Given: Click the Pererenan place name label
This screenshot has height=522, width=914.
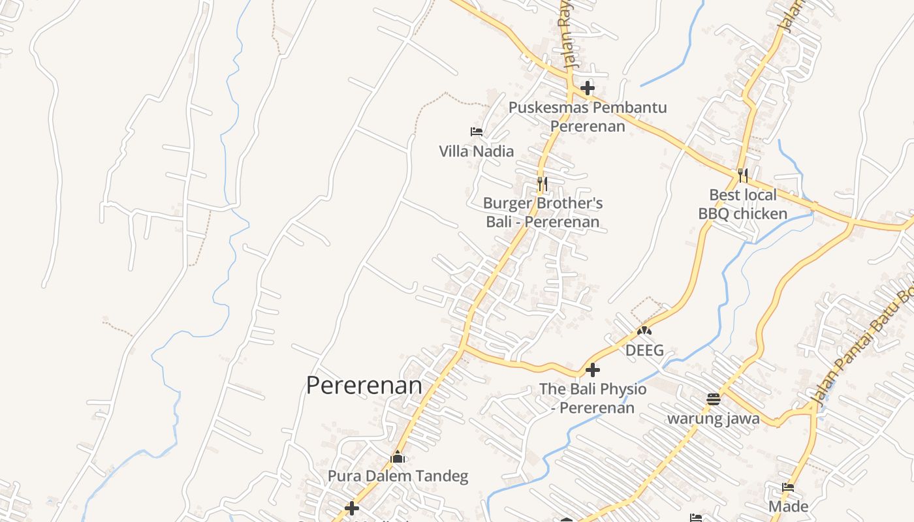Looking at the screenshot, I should coord(364,385).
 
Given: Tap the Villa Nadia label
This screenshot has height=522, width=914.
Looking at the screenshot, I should coord(476,151).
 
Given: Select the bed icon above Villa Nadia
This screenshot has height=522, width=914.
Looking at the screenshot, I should coord(477,132).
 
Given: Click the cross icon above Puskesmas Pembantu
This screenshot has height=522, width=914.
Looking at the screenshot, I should coord(588,87).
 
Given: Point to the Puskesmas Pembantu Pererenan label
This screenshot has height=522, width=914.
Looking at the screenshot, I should coord(588,116).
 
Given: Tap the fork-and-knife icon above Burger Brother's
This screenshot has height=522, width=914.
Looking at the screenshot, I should coord(542,183).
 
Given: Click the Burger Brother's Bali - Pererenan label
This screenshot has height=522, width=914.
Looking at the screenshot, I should coord(543,212).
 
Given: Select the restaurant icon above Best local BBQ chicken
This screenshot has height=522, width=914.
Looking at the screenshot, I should coord(742,175).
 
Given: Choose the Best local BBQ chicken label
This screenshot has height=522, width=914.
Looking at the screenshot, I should coord(743,204).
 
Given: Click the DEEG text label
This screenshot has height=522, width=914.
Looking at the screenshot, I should coord(644,350).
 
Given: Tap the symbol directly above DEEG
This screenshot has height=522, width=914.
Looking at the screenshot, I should coord(644,331).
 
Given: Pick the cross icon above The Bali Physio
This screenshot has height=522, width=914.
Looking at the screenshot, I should coord(592,370).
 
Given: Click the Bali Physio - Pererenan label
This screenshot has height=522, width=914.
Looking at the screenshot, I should coord(593,398).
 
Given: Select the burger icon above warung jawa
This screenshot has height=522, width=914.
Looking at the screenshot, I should coord(713,399).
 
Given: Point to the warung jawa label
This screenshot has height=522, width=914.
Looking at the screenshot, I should coord(713,418).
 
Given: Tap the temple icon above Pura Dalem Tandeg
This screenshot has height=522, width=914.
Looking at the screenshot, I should coord(398,457).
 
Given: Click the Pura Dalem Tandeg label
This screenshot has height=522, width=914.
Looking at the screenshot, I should coord(398,476).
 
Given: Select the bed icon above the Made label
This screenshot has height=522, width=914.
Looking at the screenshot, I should coord(788,487).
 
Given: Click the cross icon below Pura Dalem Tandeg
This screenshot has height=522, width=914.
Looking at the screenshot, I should coord(352,508).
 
